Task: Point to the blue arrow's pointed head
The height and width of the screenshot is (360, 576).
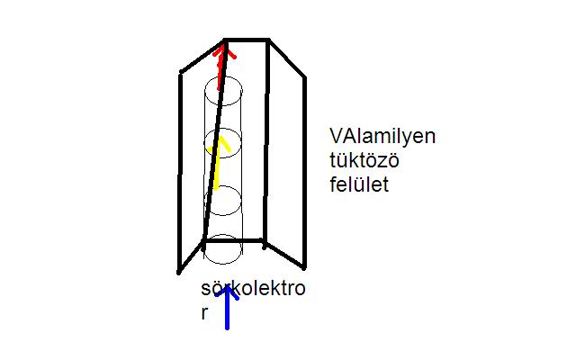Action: pyautogui.click(x=227, y=290)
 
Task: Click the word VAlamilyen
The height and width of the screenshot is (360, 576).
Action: pyautogui.click(x=382, y=137)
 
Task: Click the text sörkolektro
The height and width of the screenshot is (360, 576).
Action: pyautogui.click(x=253, y=291)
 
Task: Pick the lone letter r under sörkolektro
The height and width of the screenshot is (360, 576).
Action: pyautogui.click(x=206, y=314)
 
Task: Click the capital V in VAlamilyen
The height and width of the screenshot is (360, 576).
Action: pyautogui.click(x=336, y=137)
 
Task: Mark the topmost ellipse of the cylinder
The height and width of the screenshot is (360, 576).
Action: pyautogui.click(x=224, y=90)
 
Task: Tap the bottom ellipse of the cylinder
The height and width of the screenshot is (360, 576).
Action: pyautogui.click(x=224, y=249)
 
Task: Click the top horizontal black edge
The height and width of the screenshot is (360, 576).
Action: pyautogui.click(x=246, y=40)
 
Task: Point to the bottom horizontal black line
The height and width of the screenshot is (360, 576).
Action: pyautogui.click(x=234, y=240)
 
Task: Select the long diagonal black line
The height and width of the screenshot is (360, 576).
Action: pyautogui.click(x=214, y=144)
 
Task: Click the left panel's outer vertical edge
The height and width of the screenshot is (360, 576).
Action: pyautogui.click(x=181, y=171)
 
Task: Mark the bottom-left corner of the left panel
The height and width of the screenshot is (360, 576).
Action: pyautogui.click(x=180, y=271)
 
